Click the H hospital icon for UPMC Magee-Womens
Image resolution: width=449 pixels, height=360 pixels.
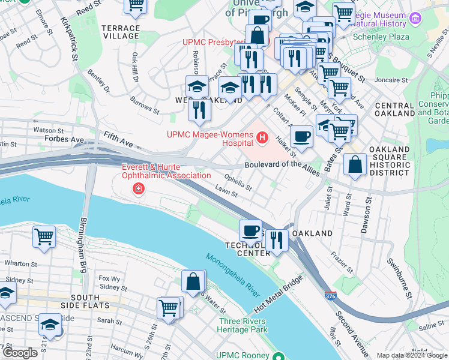(x=262, y=139)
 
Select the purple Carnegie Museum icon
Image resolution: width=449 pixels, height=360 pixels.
(x=415, y=19)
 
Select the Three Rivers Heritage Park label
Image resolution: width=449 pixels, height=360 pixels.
(x=243, y=325)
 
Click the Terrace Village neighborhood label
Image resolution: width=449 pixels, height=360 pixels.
(x=121, y=32)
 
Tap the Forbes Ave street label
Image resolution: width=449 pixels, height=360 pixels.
(x=64, y=139)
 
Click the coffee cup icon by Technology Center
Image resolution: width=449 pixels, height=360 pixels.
(x=250, y=230)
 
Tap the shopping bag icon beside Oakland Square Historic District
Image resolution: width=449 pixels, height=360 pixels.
(x=355, y=164)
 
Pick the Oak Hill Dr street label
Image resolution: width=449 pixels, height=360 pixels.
(x=134, y=68)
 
